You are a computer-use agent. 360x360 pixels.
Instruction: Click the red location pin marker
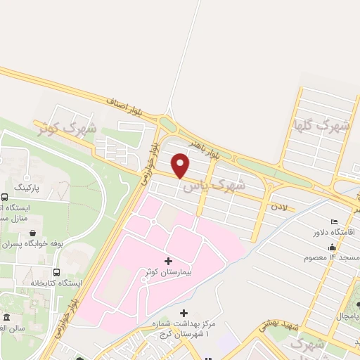pyautogui.click(x=181, y=165)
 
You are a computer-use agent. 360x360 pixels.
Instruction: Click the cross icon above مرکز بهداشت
pyautogui.click(x=184, y=313)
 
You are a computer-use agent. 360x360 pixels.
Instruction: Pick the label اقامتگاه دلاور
pyautogui.click(x=333, y=231)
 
